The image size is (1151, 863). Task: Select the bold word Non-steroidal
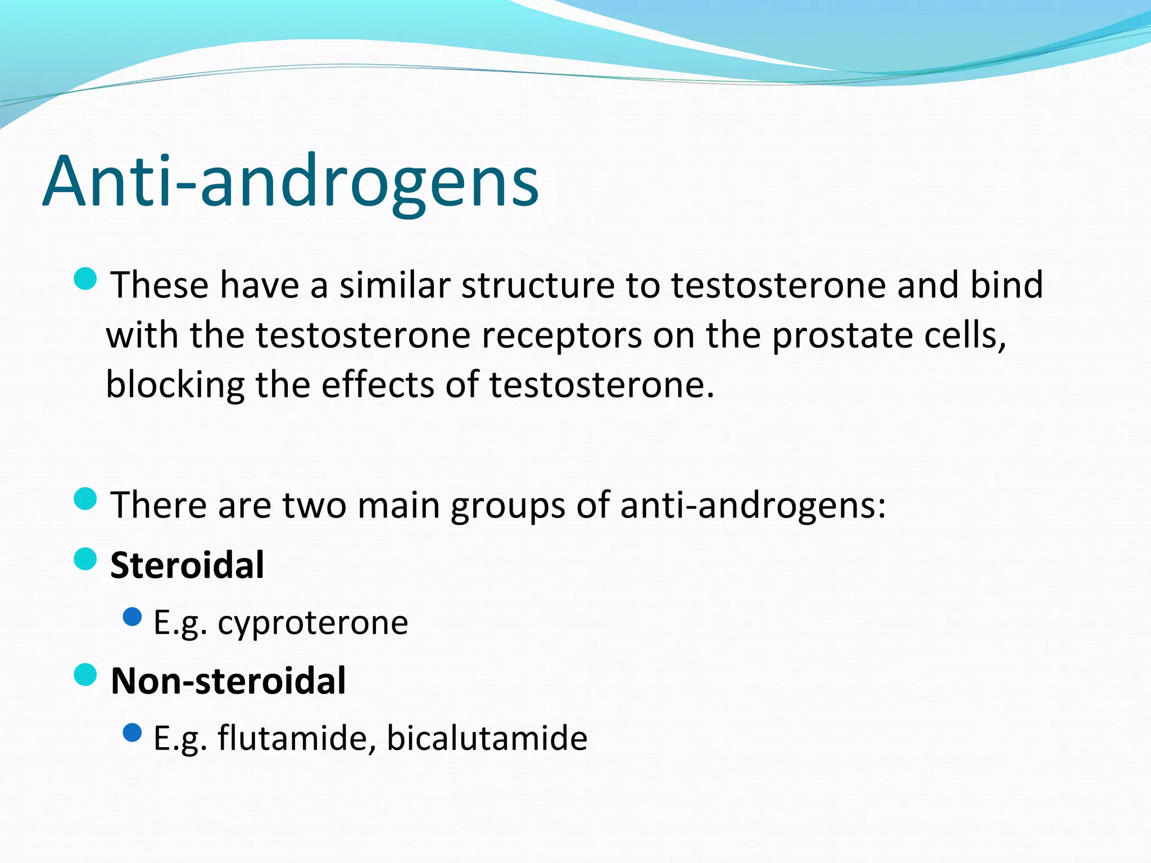(x=228, y=680)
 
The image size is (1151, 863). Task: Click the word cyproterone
(x=313, y=623)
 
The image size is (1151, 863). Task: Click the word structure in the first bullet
(x=538, y=285)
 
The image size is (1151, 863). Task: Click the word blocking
(x=175, y=385)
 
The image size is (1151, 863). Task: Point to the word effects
(x=378, y=385)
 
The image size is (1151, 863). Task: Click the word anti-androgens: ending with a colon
(x=753, y=506)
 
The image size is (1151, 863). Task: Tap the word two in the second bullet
(x=314, y=506)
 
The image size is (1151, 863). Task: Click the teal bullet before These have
(x=85, y=278)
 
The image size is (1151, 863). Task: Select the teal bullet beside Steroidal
(x=85, y=558)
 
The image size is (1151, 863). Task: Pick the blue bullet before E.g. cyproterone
(x=132, y=617)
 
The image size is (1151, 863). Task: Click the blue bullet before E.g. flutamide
(x=132, y=732)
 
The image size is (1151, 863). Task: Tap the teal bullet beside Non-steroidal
(x=85, y=674)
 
